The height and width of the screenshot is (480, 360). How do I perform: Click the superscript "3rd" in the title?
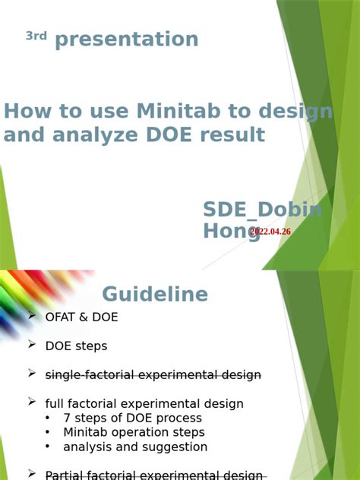36,36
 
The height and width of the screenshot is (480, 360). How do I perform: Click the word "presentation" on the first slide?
127,39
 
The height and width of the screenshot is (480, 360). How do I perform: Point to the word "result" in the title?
232,135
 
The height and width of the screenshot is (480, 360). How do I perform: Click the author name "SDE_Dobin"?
262,210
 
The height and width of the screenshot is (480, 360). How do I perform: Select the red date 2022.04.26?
270,232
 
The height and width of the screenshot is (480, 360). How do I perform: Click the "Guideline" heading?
155,294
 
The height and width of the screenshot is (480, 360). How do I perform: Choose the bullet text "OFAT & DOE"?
81,317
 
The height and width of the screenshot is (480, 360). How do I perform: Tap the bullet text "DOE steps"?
76,346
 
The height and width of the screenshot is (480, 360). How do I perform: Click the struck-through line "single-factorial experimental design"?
153,375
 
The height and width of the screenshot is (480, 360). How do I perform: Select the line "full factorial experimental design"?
144,404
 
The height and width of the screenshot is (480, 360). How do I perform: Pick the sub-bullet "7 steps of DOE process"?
132,418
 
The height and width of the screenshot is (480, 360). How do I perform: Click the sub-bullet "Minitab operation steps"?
134,433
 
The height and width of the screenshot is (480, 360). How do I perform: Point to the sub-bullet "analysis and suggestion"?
135,447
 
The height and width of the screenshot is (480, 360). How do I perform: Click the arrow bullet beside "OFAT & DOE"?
32,316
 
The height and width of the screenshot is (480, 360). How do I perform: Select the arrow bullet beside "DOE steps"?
32,345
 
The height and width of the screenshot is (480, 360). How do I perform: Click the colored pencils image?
34,300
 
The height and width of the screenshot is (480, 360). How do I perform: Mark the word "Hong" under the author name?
231,232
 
